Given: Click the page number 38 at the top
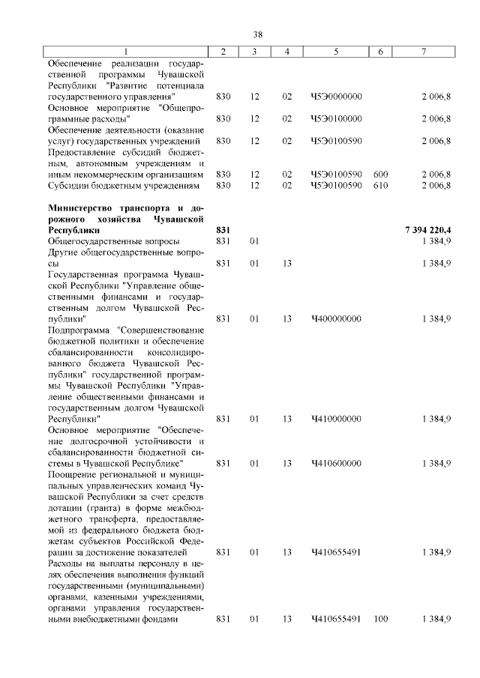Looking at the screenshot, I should (x=257, y=34).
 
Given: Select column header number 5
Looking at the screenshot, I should (x=336, y=51).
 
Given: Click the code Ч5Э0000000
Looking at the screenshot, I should (x=336, y=97).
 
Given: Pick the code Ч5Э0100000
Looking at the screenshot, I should (x=336, y=118).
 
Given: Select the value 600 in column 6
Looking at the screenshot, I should (x=380, y=174).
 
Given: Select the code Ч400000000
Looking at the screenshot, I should (x=336, y=318).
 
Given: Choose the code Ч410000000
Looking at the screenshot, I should (x=336, y=420).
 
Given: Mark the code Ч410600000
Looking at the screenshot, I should (x=336, y=464).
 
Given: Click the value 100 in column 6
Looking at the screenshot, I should (x=380, y=620).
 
